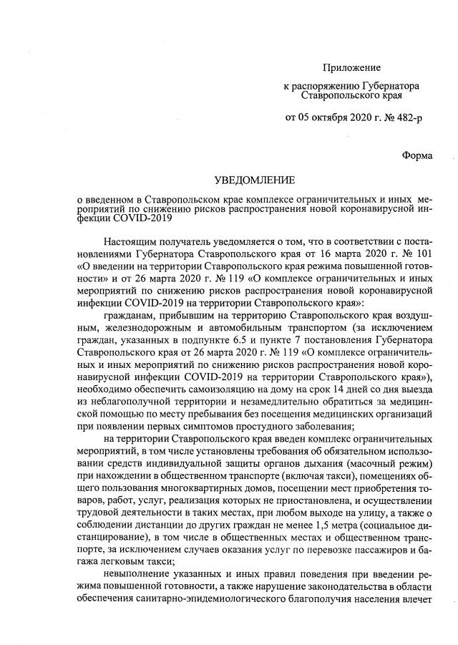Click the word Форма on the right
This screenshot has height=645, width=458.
[x=417, y=155]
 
